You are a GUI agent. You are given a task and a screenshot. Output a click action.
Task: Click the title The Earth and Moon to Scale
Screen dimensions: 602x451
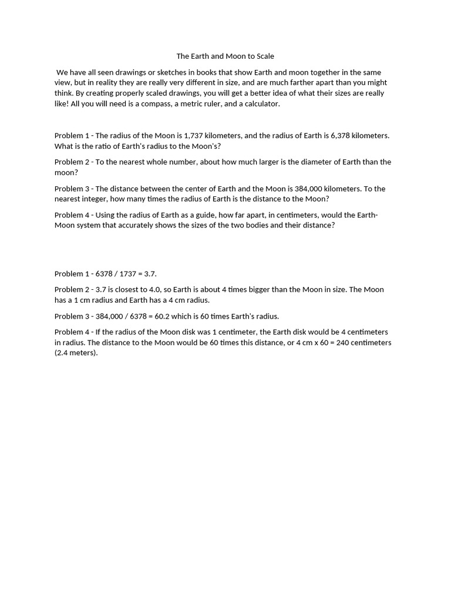point(225,56)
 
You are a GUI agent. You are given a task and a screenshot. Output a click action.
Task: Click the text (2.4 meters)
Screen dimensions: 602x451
point(76,353)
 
